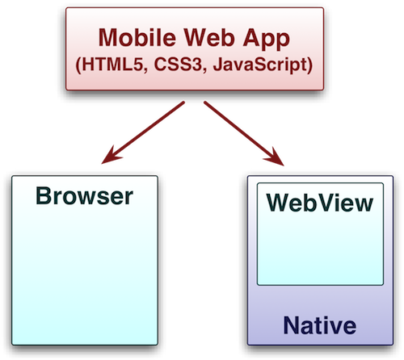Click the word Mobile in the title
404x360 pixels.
point(137,38)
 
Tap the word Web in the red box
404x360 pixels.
point(208,38)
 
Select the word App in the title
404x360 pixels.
point(266,40)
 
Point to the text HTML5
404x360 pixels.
point(112,65)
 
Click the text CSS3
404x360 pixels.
point(178,65)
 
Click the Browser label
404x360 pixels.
point(85,196)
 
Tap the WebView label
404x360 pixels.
point(320,203)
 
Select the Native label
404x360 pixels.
point(320,325)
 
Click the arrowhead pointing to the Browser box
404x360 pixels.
point(112,155)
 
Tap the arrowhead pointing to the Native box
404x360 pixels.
point(275,157)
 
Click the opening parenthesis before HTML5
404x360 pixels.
point(78,65)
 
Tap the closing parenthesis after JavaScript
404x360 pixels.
point(309,65)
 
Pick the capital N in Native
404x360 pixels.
point(292,325)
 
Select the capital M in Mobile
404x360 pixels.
point(109,38)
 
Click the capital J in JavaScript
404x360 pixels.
point(218,65)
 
